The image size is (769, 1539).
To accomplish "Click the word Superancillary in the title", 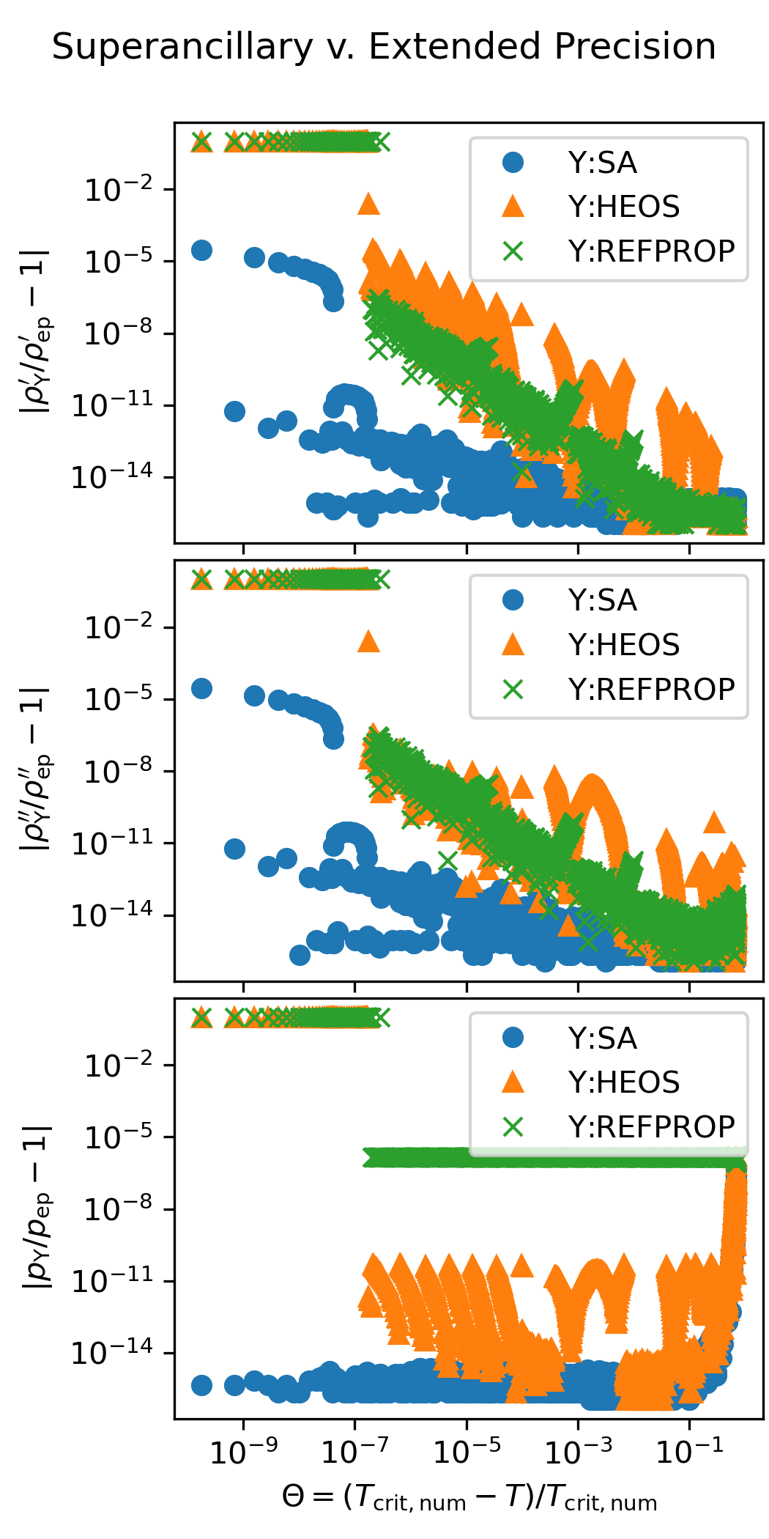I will (182, 48).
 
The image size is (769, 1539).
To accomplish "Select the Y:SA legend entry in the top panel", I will (602, 163).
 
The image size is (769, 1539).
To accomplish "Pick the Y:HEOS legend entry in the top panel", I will (623, 207).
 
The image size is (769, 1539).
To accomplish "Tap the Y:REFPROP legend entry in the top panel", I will (651, 251).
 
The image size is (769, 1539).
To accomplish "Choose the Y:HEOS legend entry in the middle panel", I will (623, 645).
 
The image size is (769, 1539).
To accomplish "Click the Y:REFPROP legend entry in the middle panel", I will (651, 690).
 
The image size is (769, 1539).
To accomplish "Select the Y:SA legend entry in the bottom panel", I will (602, 1038).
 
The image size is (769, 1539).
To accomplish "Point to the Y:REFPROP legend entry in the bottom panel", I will (651, 1126).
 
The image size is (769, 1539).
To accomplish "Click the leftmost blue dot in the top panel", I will (201, 251).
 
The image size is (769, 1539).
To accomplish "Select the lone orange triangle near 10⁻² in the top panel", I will (369, 204).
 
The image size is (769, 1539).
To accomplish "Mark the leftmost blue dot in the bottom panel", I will (201, 1385).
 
